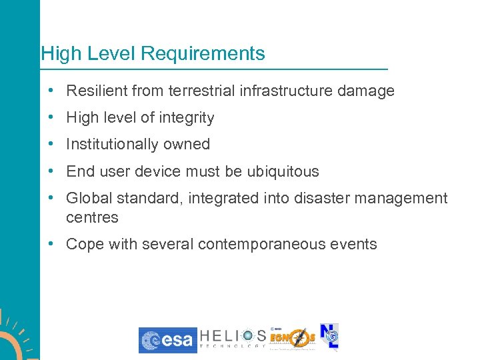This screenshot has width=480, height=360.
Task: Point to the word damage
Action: [365, 91]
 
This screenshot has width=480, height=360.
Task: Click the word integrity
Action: [186, 118]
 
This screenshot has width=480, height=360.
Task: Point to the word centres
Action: [92, 217]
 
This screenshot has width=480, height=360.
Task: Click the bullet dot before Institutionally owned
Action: [51, 145]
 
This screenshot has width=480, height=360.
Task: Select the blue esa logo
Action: [167, 340]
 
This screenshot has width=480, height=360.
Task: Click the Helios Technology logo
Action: [233, 339]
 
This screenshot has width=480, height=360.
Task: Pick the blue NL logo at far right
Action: [330, 337]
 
